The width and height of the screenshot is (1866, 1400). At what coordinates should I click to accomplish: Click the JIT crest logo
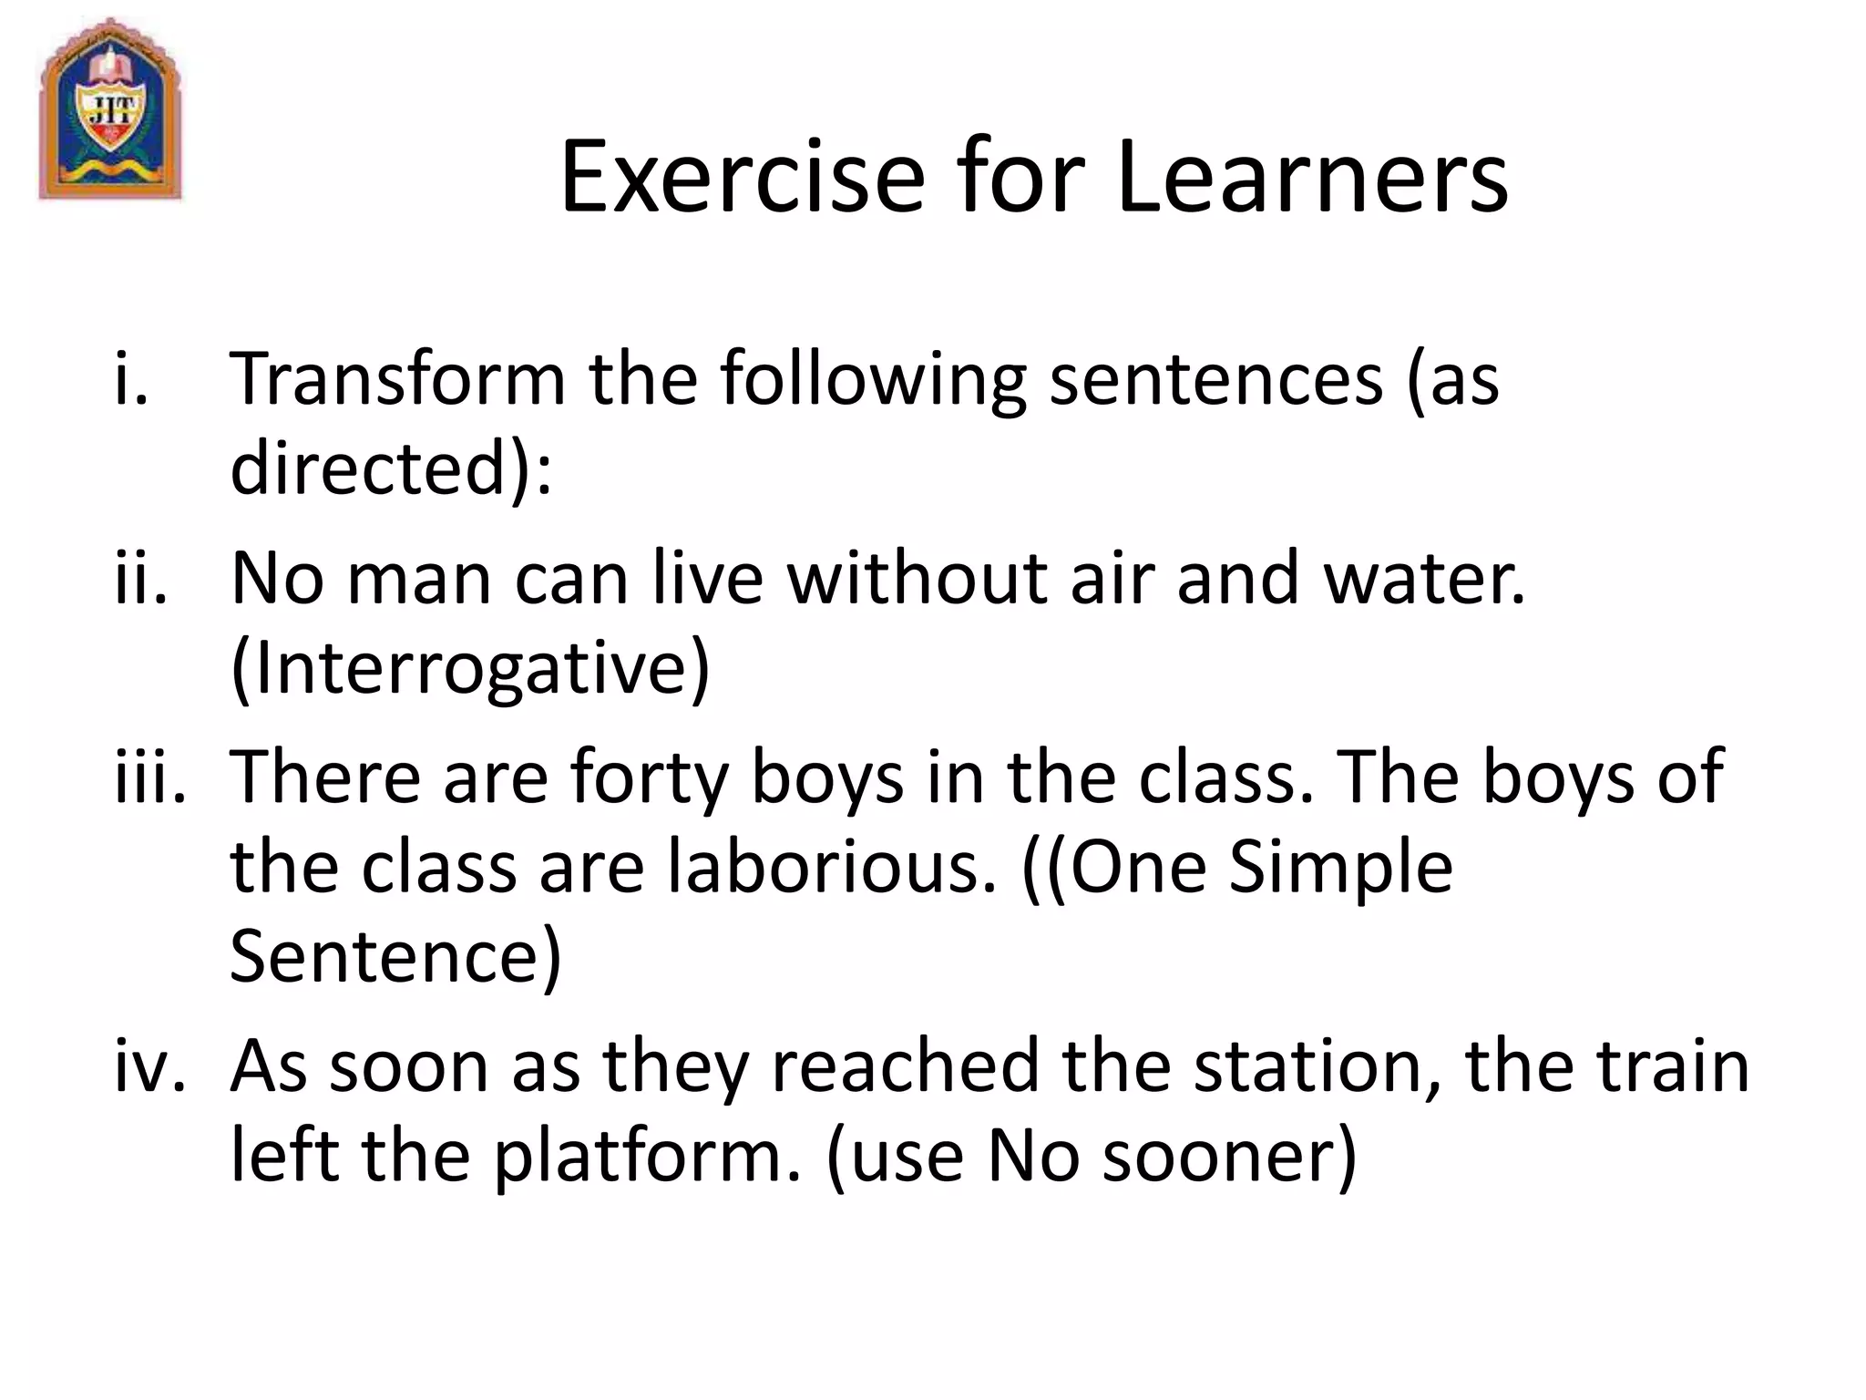(x=110, y=109)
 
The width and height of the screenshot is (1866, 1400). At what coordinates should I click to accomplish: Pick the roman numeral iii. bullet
(x=150, y=777)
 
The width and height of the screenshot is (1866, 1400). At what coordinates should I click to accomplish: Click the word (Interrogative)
(x=470, y=670)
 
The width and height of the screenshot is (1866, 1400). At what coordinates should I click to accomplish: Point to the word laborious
(x=832, y=867)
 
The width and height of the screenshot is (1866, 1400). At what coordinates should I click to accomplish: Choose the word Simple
(x=1340, y=867)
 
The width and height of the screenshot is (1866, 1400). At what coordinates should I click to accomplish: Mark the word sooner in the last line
(x=1229, y=1156)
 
